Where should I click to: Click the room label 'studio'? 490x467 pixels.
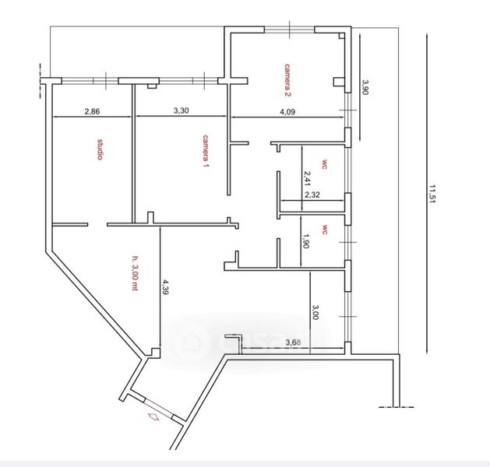coord(100,149)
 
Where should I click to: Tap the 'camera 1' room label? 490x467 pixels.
coord(206,151)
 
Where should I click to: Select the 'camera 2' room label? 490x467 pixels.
coord(287,80)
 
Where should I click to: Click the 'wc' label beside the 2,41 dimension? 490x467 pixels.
coord(323,165)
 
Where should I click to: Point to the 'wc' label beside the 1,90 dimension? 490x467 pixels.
coord(325,230)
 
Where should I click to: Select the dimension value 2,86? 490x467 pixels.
coord(92,111)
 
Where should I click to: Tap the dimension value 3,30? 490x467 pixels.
coord(181,111)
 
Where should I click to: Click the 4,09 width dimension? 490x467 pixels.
coord(287,112)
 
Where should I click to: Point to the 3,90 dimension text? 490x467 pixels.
coord(365,87)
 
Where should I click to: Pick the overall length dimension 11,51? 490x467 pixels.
coord(432,194)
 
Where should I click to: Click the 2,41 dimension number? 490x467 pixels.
coord(307,178)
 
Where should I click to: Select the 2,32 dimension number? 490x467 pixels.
coord(312,195)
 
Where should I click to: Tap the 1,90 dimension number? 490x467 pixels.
coord(305,241)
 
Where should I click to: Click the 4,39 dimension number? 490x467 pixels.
coord(165,287)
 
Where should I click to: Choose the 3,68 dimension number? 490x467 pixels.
coord(293,342)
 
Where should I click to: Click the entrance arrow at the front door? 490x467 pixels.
coord(154,416)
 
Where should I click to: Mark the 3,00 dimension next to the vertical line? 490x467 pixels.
coord(315,312)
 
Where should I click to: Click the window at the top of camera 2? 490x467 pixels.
coord(289,30)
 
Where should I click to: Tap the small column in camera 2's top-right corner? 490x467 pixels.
coord(342,36)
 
